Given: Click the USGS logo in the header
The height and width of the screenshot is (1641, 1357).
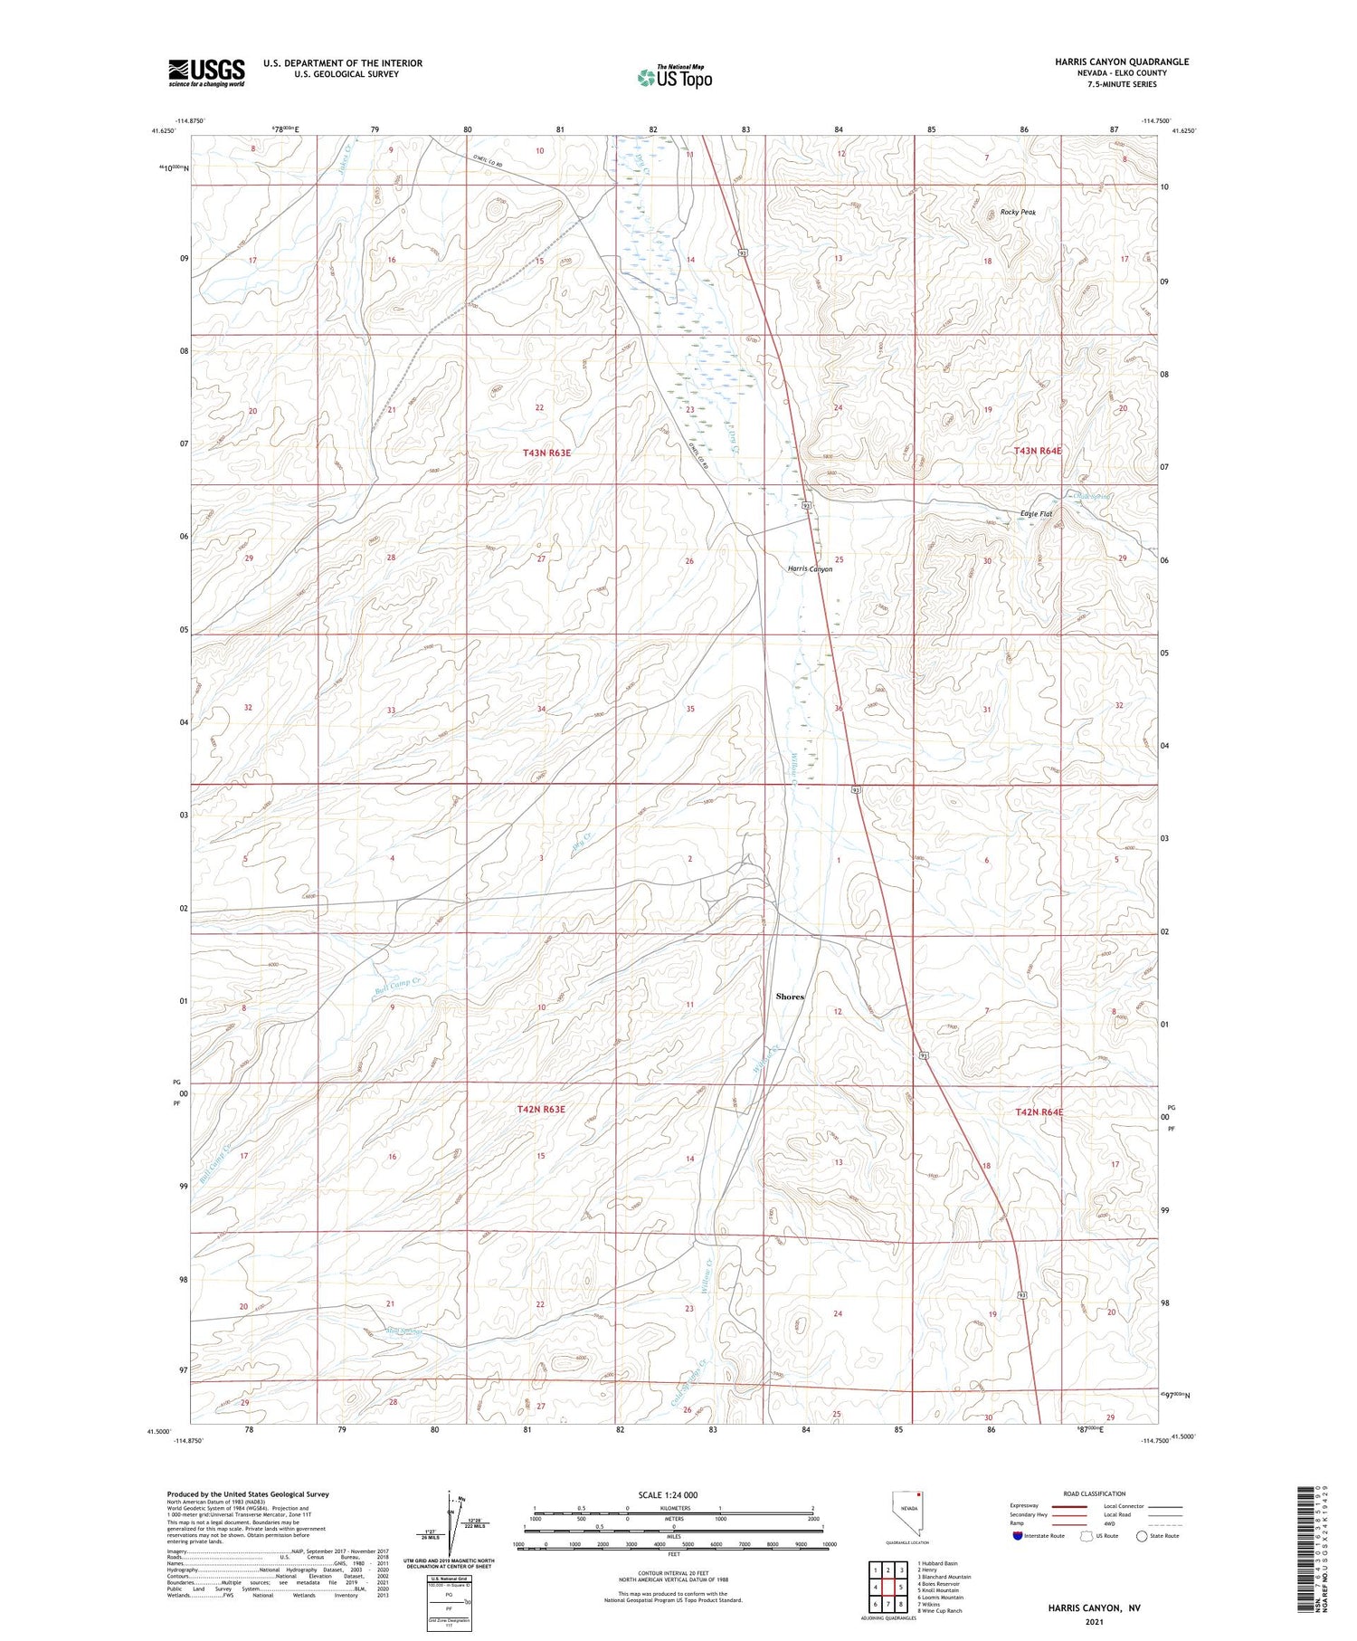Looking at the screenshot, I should pos(206,72).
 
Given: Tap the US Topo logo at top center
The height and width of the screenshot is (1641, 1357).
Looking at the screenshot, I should pos(674,78).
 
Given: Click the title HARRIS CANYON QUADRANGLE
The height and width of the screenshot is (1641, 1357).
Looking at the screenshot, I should pos(1121,62).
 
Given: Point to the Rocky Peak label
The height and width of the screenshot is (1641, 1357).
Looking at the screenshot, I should pos(1018,212).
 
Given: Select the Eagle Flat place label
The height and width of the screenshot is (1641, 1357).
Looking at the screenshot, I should pos(1036,514).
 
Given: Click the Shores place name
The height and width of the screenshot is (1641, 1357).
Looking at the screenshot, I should pos(790,997).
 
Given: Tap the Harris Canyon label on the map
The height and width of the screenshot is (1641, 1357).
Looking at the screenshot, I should pos(810,569).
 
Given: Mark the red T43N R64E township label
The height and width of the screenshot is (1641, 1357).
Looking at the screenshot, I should pos(1037,451).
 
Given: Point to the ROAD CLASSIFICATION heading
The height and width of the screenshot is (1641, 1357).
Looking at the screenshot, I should pos(1094,1493).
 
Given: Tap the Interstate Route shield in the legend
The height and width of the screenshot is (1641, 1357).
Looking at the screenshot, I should pos(1019,1536).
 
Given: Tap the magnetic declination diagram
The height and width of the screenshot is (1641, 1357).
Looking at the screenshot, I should pos(453,1522).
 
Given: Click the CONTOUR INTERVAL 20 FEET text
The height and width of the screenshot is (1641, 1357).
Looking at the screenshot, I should pos(673,1573).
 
